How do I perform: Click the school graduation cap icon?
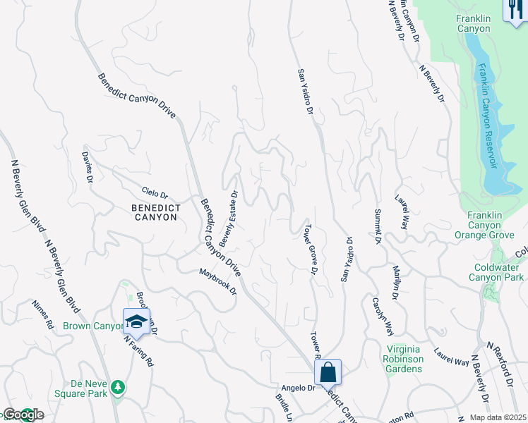coord(136,322)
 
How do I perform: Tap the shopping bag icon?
coord(328,372)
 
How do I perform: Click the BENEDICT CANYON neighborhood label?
coord(155,212)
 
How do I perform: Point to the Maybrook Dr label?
coord(217,281)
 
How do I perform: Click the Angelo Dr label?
coord(298,388)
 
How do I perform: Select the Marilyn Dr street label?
coord(396,281)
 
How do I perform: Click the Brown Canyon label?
coord(92,326)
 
